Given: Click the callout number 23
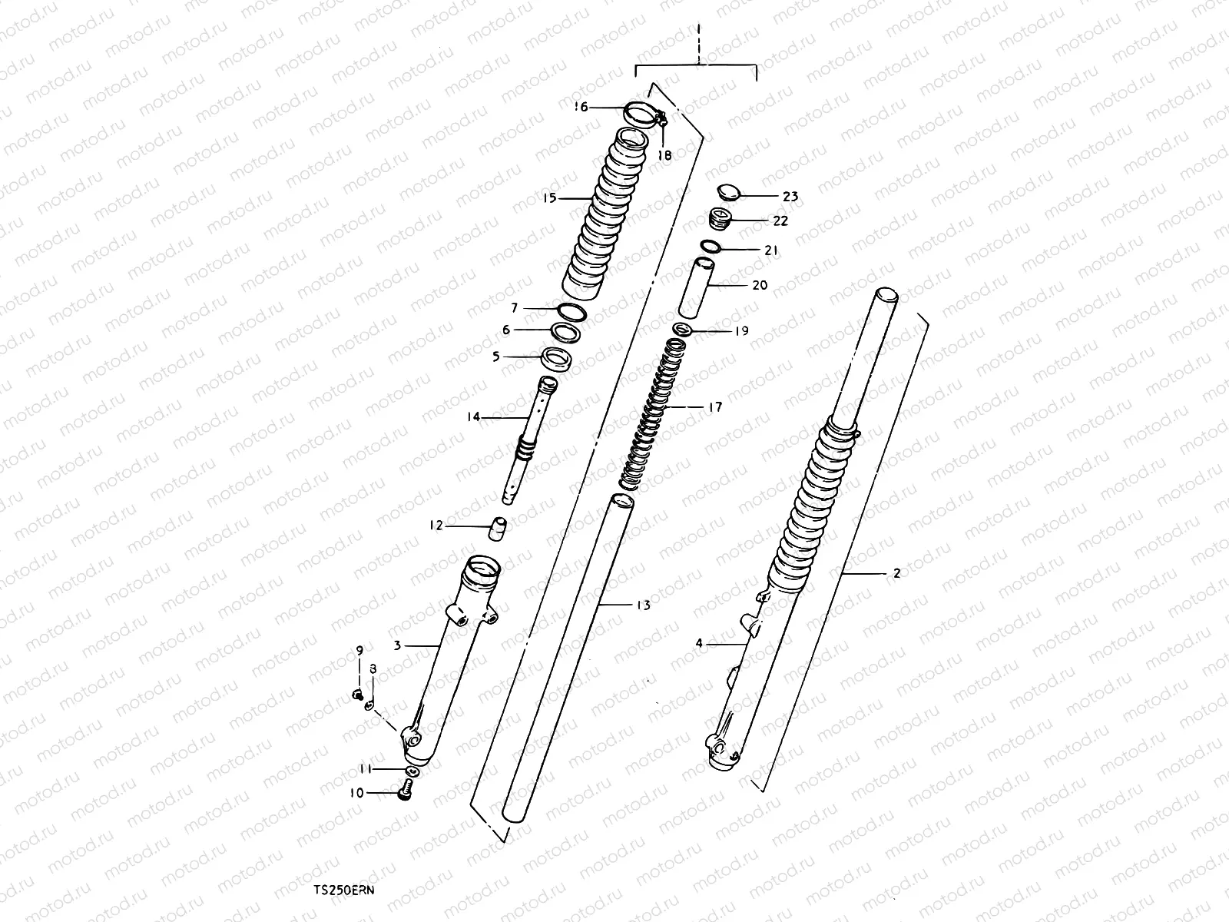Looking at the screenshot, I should click(790, 197).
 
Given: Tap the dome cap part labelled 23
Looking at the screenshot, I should click(729, 191).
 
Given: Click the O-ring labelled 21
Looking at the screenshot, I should click(710, 247).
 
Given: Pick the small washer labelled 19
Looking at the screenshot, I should click(681, 330).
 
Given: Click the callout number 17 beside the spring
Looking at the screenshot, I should click(714, 407).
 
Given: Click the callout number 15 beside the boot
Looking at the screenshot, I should click(548, 198).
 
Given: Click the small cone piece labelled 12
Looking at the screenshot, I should click(499, 529).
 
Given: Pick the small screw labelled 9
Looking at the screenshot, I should click(357, 695).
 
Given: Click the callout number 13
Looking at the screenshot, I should click(643, 605).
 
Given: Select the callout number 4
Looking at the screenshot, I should click(699, 644).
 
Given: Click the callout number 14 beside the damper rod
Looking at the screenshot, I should click(472, 417).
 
